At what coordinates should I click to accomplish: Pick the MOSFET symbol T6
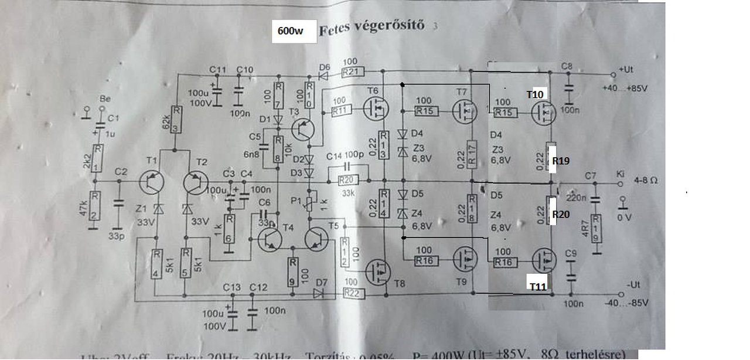pos(374,108)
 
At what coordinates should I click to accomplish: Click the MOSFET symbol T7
pos(465,110)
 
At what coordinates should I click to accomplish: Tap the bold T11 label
pos(538,286)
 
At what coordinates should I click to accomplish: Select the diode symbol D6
pos(322,74)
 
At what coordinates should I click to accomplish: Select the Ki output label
pos(621,174)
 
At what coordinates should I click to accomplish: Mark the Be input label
pos(105,98)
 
